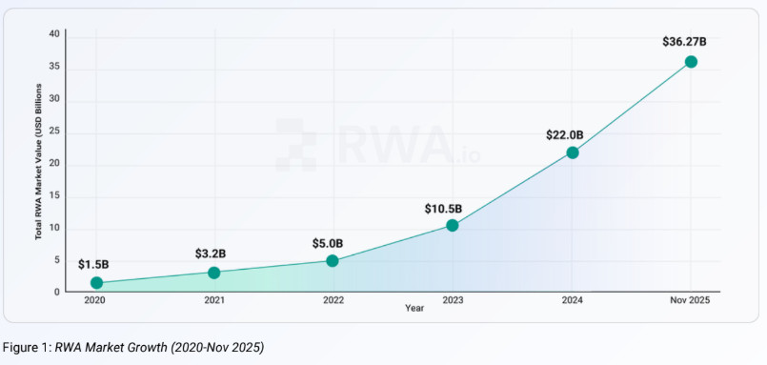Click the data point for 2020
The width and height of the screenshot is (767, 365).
click(96, 283)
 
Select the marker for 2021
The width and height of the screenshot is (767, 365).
click(214, 273)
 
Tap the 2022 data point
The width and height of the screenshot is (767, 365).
click(333, 260)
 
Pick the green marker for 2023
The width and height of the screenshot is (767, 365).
click(453, 226)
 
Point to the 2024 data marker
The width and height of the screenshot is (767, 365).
click(572, 152)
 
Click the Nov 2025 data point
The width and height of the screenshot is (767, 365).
click(691, 62)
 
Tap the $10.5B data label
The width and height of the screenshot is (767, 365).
click(444, 208)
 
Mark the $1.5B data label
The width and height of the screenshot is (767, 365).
click(92, 264)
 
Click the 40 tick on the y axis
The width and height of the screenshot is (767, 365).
click(54, 34)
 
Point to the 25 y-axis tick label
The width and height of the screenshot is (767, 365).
click(54, 132)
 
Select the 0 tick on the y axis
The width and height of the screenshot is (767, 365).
click(57, 292)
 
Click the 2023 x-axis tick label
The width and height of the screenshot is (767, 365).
click(453, 300)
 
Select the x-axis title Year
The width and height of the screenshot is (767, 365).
click(414, 308)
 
